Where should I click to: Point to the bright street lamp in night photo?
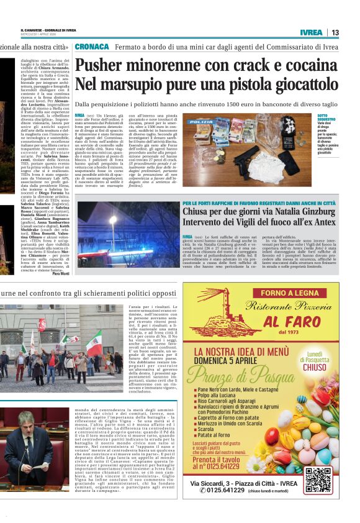point(112,220)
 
